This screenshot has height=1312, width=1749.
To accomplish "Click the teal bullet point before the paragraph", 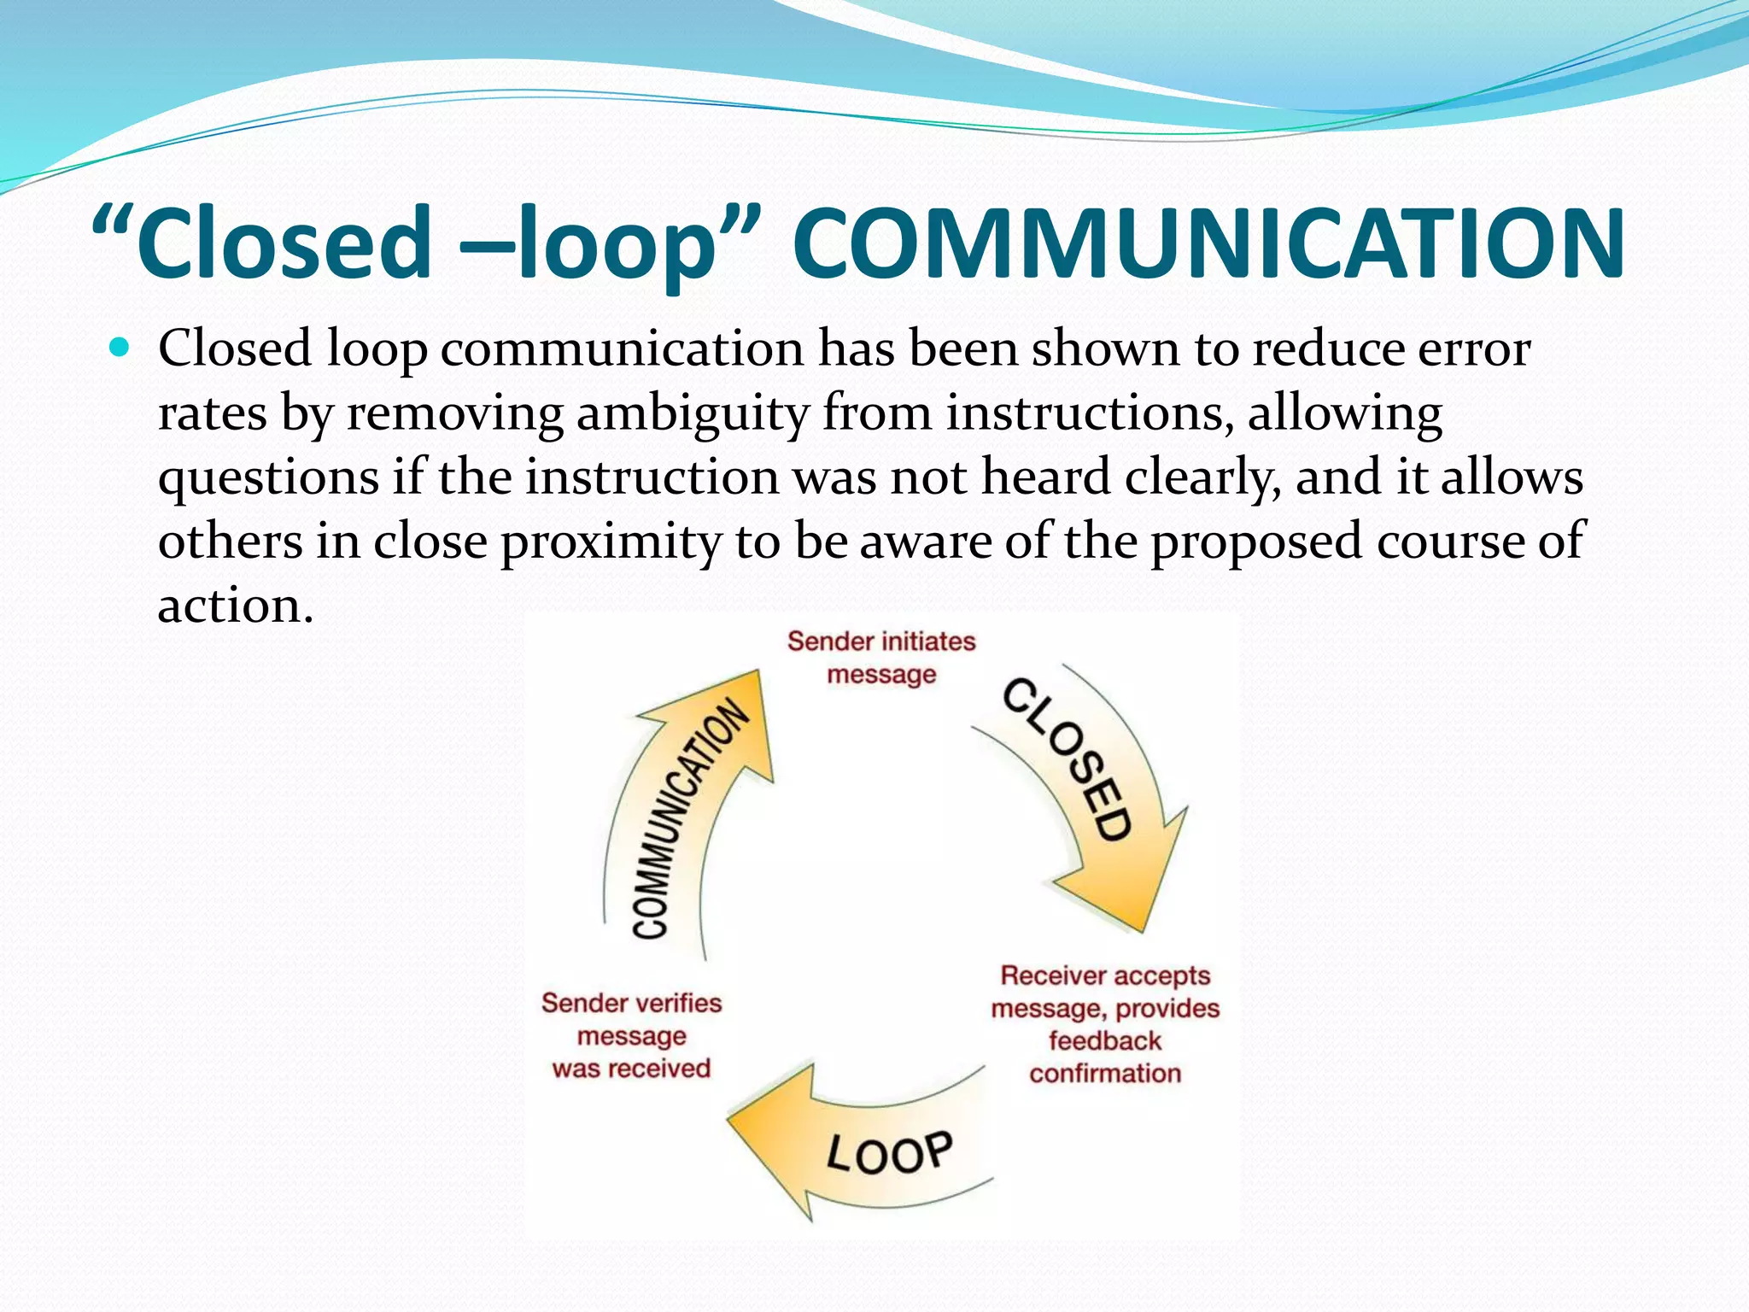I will pos(120,348).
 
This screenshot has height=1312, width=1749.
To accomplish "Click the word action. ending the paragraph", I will pos(236,606).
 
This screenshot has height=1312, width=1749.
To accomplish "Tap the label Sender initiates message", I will pos(880,658).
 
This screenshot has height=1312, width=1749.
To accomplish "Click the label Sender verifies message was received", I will pos(631,1035).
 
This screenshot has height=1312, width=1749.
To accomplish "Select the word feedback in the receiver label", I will pos(1105,1040).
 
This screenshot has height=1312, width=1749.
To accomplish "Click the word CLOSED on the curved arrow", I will pos(1068,758).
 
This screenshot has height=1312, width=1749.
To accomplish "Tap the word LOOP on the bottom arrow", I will pos(889,1153).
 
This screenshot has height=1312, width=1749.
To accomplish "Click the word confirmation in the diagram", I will pos(1105,1073).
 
